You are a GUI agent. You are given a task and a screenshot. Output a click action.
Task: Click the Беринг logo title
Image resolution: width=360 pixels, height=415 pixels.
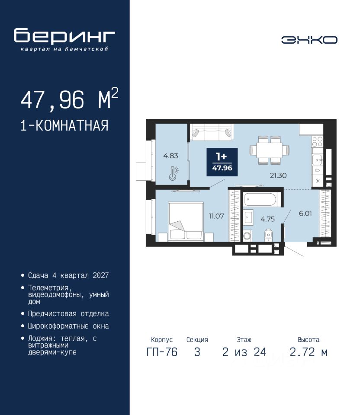(64, 36)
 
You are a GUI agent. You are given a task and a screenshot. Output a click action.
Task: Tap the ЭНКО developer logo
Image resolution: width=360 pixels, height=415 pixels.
(309, 40)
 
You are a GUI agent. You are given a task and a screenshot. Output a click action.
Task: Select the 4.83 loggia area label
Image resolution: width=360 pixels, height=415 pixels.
(170, 156)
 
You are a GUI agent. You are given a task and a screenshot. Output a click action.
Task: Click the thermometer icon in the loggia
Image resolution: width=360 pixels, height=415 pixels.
(174, 173)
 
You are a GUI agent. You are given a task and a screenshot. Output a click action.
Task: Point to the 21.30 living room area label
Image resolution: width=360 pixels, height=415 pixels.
(278, 175)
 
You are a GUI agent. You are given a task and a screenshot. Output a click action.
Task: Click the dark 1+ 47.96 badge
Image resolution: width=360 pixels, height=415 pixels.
(222, 162)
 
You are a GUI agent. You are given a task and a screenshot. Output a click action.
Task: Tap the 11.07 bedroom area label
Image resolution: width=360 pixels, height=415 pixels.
(216, 216)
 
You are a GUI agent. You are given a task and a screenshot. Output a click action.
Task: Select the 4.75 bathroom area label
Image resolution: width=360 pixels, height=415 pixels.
(267, 219)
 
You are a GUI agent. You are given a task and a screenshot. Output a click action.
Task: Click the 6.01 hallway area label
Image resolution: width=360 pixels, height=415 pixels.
(305, 213)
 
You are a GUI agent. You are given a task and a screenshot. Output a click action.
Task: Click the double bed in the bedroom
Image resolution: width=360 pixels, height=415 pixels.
(186, 221)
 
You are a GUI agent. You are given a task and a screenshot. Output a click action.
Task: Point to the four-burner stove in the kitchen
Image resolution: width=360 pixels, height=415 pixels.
(317, 142)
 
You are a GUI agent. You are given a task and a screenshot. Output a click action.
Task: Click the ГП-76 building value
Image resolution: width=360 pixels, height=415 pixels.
(162, 352)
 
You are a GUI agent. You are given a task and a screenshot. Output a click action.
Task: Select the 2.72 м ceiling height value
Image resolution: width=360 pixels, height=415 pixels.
(309, 352)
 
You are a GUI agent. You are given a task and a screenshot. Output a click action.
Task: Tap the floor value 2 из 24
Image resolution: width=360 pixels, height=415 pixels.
(244, 352)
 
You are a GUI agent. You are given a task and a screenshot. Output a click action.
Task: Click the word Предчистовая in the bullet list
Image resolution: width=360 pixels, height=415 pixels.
(52, 314)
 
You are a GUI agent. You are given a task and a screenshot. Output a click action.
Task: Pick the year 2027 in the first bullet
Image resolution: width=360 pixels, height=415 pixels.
(101, 275)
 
